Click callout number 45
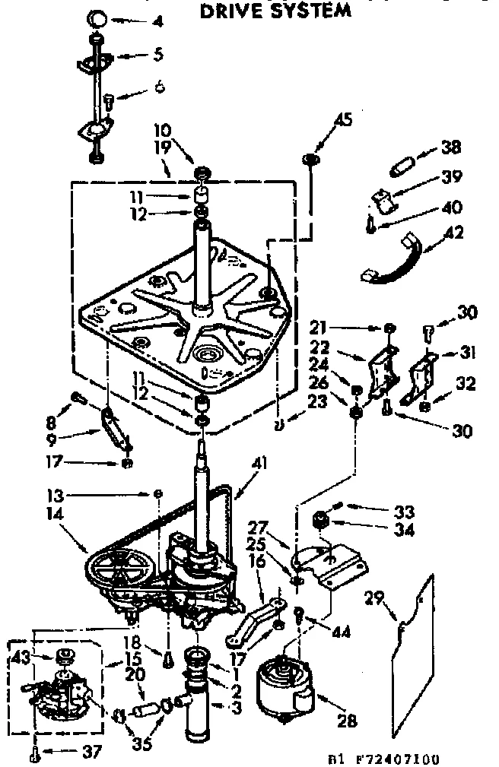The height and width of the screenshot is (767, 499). pyautogui.click(x=343, y=119)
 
